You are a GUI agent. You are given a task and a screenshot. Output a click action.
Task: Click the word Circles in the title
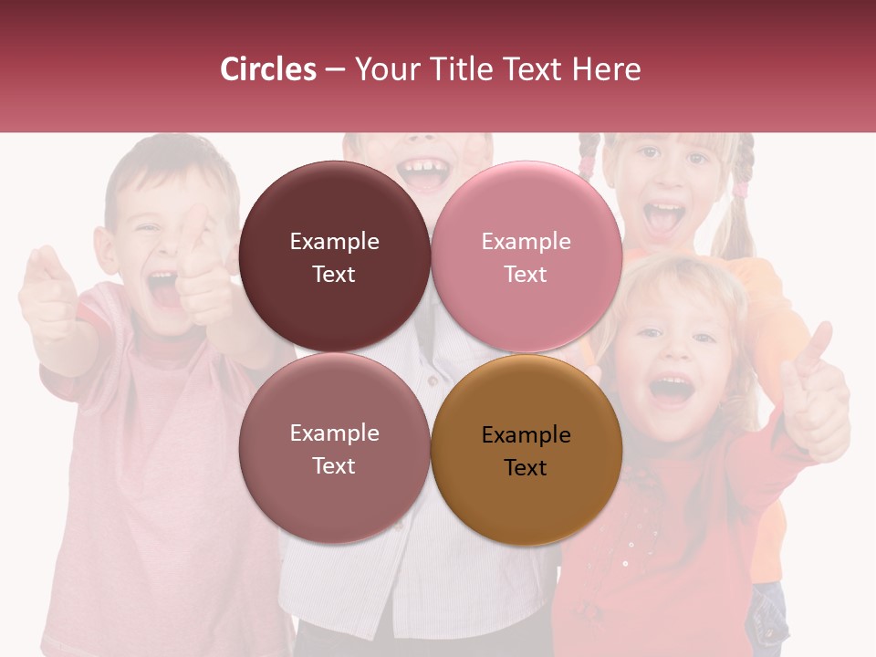coord(268,69)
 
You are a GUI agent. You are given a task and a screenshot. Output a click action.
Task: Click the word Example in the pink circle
coord(526,242)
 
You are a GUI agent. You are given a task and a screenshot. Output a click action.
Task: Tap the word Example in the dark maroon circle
coord(334,242)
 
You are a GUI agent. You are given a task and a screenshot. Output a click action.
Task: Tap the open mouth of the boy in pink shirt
coord(163,290)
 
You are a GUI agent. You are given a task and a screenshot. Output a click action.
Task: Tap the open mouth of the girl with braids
coord(663,217)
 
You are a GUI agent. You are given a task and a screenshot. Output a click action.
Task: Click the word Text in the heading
coord(535,69)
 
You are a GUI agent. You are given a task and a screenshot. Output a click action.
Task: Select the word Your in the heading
coord(384,69)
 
